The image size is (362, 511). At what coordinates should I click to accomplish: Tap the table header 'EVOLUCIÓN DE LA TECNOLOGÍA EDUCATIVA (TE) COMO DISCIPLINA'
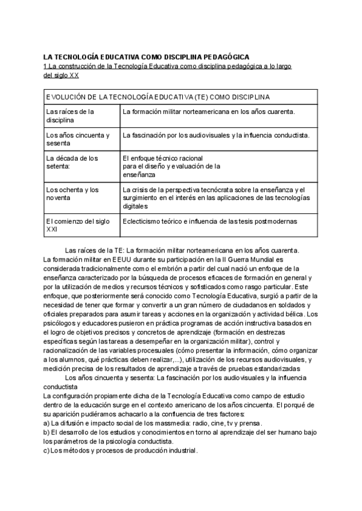(157, 96)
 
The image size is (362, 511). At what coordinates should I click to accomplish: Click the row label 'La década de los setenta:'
(72, 162)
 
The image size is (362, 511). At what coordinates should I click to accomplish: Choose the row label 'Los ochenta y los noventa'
(72, 193)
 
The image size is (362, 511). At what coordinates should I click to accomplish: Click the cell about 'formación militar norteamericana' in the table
(208, 111)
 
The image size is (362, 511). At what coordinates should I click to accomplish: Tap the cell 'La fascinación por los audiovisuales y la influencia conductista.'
(215, 135)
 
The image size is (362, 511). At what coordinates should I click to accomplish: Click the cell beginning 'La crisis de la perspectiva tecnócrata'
(215, 197)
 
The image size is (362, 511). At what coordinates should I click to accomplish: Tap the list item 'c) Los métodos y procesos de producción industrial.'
(121, 450)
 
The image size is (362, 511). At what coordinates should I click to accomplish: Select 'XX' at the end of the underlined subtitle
(74, 75)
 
